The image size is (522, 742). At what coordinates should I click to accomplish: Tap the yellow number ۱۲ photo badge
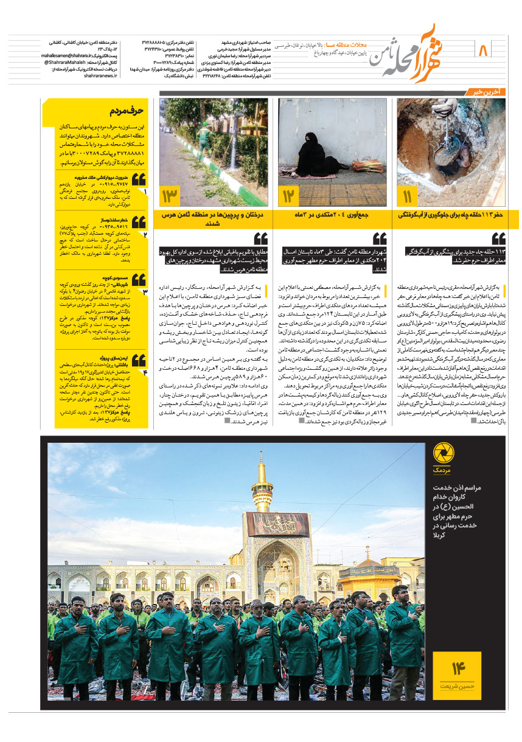(x=288, y=196)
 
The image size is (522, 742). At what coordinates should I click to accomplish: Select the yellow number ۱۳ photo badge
(x=170, y=196)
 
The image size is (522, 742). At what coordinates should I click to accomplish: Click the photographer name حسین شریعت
(x=457, y=685)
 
